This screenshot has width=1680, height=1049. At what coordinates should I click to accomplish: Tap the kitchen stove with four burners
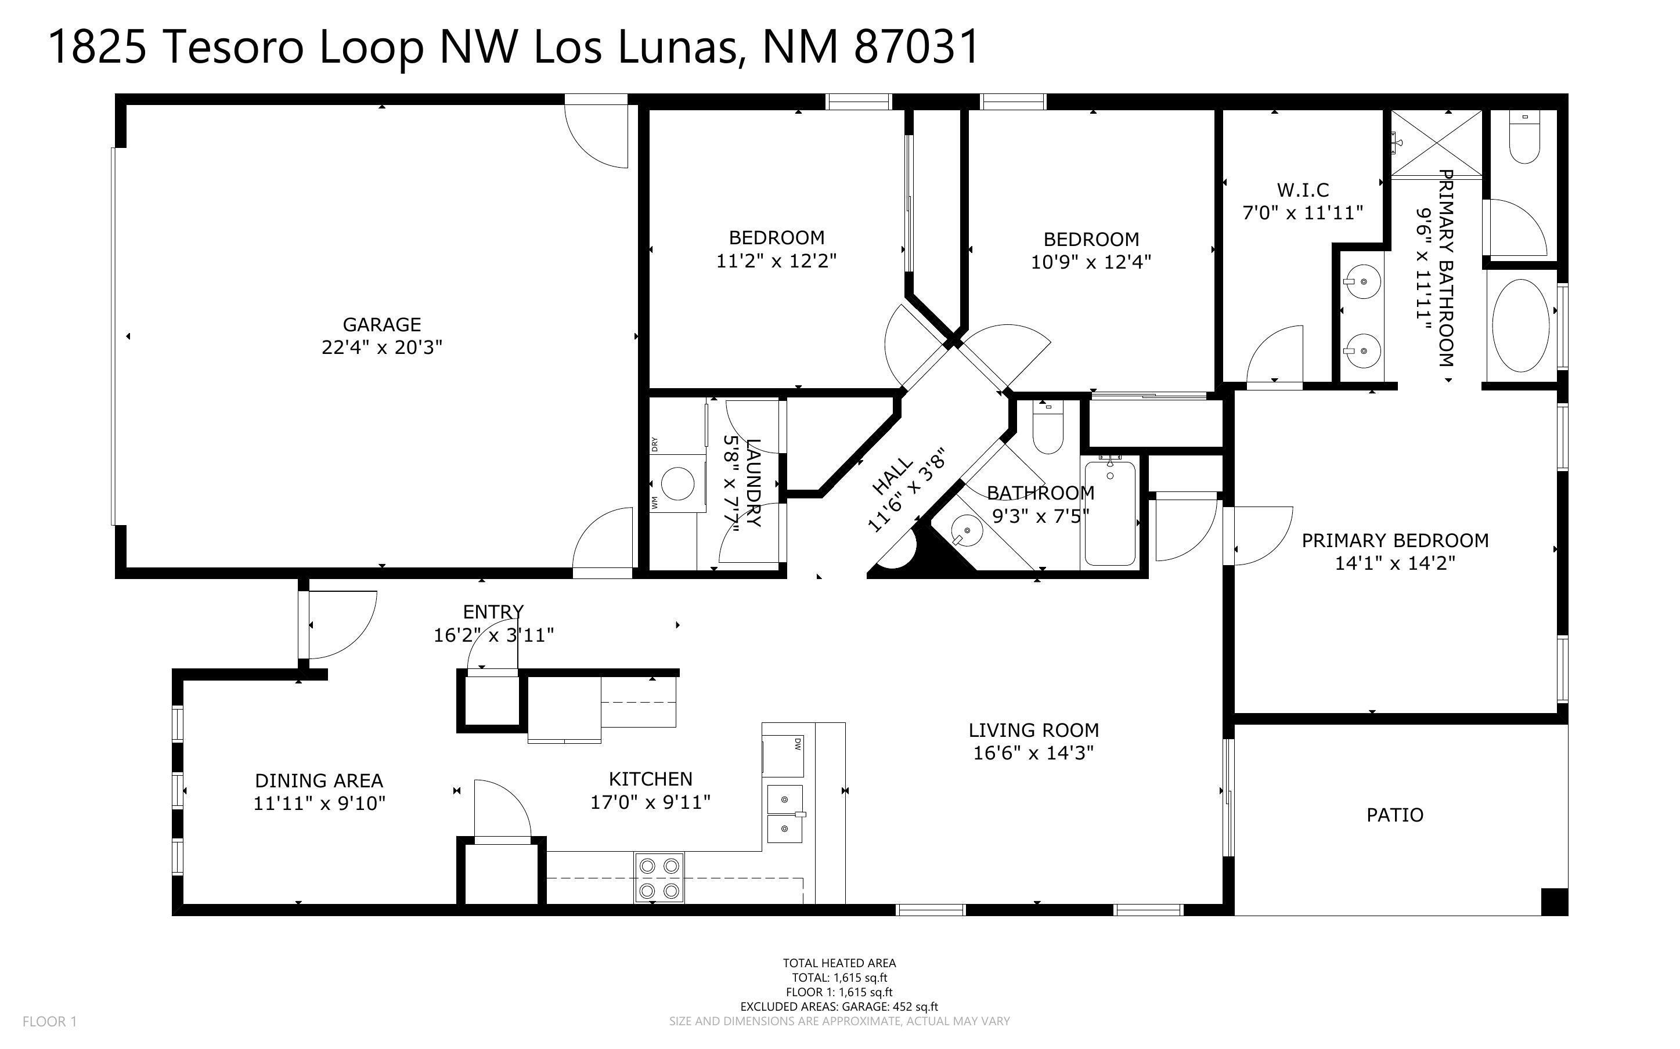coord(658,878)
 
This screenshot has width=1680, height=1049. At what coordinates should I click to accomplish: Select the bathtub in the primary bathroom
coord(1520,325)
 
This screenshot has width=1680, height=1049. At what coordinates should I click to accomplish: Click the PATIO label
coord(1394,815)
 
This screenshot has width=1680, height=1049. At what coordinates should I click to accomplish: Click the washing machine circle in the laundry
coord(677,483)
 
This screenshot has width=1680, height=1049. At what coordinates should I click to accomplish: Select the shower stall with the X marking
coord(1436,144)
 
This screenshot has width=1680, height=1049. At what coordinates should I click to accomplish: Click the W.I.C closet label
coord(1302,189)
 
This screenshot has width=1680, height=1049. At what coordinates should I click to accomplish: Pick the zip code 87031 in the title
coord(915,47)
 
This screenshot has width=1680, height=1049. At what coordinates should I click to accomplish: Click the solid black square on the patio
coord(1553,901)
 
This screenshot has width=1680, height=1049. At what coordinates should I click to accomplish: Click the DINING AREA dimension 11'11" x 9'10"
coord(319,804)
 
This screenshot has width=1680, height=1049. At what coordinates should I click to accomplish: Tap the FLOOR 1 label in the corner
coord(49,1021)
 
